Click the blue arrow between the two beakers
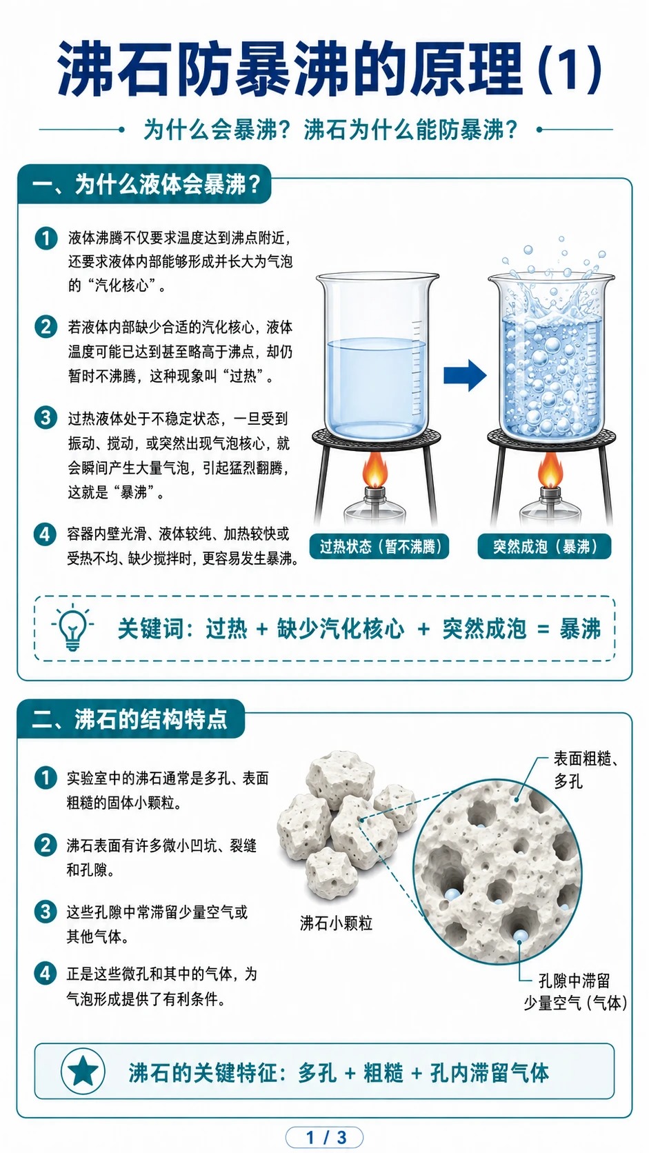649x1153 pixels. pos(465,375)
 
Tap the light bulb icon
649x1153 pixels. pos(72,628)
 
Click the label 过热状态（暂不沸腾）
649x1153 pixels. pos(379,546)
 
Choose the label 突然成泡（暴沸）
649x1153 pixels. pos(544,546)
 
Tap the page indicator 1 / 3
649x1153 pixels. pos(326,1137)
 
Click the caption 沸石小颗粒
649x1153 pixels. pos(336,923)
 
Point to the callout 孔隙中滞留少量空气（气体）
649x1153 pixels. pos(575,992)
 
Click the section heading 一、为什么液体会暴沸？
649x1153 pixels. pos(146,184)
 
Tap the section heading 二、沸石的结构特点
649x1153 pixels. pos(129,719)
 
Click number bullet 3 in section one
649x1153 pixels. pos(46,417)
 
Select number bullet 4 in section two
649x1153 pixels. pos(46,973)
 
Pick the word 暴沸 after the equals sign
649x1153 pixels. pos(580,628)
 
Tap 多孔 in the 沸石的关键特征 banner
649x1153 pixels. pos(317,1073)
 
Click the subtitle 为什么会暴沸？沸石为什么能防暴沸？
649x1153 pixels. pos(330,130)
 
